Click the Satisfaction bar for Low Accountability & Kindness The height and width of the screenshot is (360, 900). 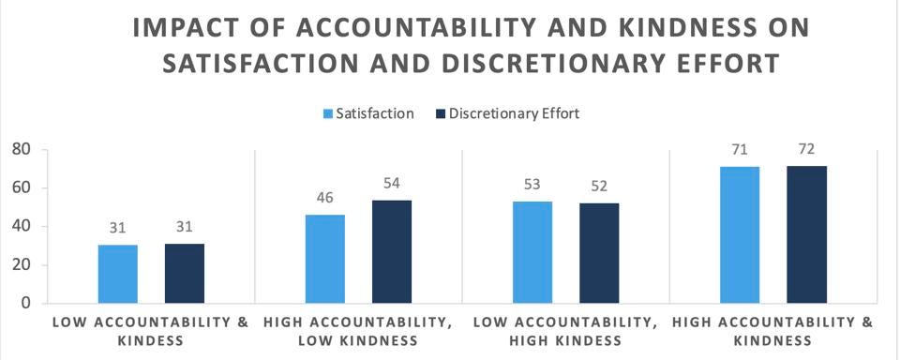pyautogui.click(x=117, y=274)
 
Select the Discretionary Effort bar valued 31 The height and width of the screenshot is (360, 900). pyautogui.click(x=185, y=274)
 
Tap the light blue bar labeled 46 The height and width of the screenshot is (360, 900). pyautogui.click(x=324, y=259)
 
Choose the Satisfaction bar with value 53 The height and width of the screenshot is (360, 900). pyautogui.click(x=532, y=252)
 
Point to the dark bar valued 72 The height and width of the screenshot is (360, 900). pyautogui.click(x=807, y=234)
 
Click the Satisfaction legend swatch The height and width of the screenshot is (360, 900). pyautogui.click(x=328, y=114)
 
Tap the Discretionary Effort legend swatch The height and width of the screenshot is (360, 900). pyautogui.click(x=440, y=114)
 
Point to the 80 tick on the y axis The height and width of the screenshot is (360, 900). pyautogui.click(x=21, y=149)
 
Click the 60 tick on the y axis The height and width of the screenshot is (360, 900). pyautogui.click(x=21, y=187)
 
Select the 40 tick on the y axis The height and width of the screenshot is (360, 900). pyautogui.click(x=21, y=226)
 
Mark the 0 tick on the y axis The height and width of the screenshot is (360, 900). pyautogui.click(x=26, y=303)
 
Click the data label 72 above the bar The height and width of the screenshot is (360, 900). pyautogui.click(x=807, y=150)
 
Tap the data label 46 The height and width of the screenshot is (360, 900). pyautogui.click(x=324, y=199)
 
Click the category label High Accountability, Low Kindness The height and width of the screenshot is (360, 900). pyautogui.click(x=359, y=331)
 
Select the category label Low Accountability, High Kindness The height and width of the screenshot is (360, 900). pyautogui.click(x=566, y=331)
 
